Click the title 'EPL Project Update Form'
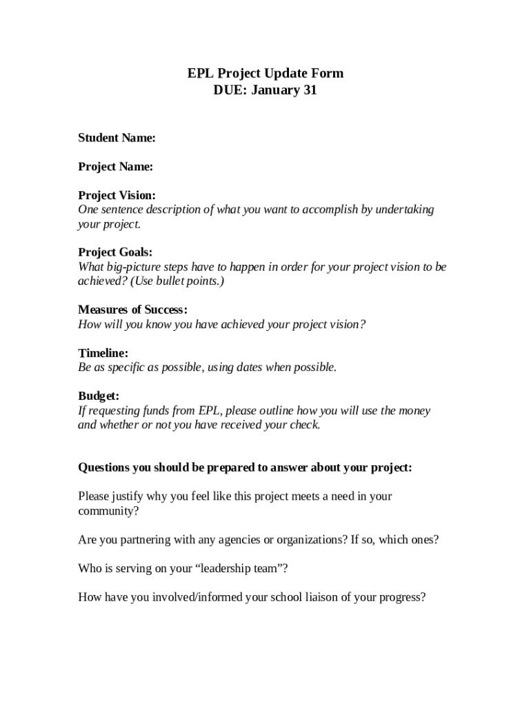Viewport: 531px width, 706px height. (265, 74)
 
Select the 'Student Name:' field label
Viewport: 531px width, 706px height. (117, 138)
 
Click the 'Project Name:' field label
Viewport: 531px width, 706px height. (115, 167)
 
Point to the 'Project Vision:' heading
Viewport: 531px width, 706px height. (117, 196)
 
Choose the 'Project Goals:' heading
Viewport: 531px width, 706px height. (115, 252)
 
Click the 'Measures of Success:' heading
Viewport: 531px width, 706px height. (132, 310)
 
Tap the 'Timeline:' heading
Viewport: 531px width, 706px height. (103, 353)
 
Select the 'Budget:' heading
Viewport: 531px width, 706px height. (99, 396)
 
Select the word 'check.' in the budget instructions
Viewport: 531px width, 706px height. (303, 425)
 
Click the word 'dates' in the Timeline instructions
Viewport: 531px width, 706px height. (250, 367)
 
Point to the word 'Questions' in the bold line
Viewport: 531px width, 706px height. (104, 467)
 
